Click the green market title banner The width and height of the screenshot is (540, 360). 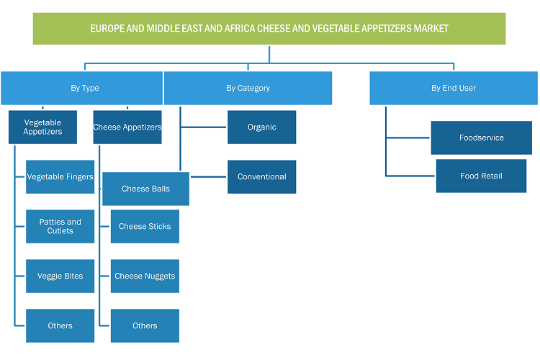(269, 29)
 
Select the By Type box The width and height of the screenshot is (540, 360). (81, 88)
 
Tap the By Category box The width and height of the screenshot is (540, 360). (248, 88)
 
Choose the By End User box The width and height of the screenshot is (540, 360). (454, 88)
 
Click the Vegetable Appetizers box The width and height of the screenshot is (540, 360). (42, 127)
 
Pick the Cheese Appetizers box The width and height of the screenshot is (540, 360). (127, 127)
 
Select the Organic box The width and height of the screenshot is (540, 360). (262, 127)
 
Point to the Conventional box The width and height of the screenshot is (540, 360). (262, 176)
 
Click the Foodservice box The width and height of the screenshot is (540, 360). (482, 138)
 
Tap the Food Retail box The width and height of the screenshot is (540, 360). (481, 176)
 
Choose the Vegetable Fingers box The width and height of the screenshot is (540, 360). (60, 176)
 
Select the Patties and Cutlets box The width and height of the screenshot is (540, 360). (60, 226)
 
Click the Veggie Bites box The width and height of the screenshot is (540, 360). (60, 276)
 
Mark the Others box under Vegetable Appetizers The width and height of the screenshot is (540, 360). (60, 325)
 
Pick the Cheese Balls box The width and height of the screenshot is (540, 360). (145, 189)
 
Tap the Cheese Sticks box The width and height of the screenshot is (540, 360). (145, 226)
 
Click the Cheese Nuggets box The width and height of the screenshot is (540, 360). (145, 276)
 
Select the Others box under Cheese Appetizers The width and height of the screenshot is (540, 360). (145, 325)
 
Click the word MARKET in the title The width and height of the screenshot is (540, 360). (431, 29)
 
